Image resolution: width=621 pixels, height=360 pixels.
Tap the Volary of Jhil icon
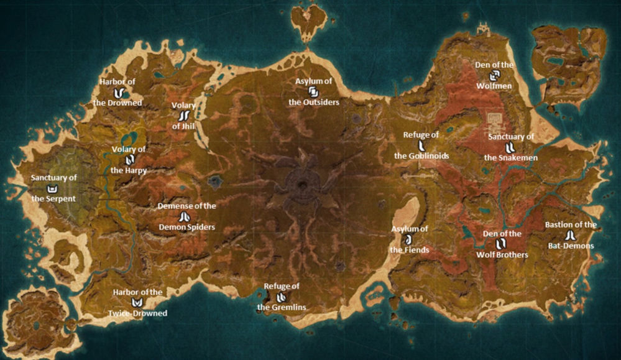(x=184, y=116)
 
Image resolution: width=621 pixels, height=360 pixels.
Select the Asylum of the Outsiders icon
(x=313, y=91)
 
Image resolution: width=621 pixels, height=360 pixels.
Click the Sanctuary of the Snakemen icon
(x=510, y=147)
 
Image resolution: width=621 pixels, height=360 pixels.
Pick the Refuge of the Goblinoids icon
(x=421, y=145)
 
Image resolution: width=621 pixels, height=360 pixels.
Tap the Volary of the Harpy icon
(x=129, y=159)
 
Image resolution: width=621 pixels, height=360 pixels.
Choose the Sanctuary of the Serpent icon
(x=54, y=188)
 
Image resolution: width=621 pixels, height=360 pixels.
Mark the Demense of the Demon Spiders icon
(x=184, y=217)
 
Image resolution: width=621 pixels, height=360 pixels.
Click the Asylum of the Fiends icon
(x=409, y=239)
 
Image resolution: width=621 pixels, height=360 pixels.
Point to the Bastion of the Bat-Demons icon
(x=570, y=235)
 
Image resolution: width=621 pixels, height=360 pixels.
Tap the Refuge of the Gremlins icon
(x=281, y=297)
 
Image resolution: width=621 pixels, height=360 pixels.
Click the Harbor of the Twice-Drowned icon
(x=137, y=303)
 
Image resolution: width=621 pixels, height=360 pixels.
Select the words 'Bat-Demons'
(x=570, y=246)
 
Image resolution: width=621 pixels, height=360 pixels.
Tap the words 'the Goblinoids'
(x=421, y=156)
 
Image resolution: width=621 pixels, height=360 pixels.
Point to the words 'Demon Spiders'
(x=186, y=228)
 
